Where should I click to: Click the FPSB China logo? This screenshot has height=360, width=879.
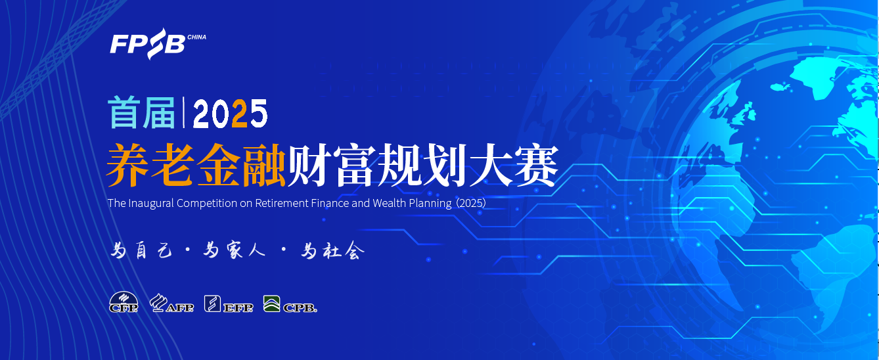(x=158, y=43)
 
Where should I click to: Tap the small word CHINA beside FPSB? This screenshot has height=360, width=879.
(x=196, y=37)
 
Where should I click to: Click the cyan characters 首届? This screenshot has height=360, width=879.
(x=142, y=113)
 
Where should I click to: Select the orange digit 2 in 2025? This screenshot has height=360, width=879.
(x=240, y=114)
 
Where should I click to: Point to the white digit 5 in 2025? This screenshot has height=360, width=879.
(x=259, y=114)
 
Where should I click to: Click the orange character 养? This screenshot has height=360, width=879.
(x=128, y=164)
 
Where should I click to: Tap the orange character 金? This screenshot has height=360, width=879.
(x=219, y=164)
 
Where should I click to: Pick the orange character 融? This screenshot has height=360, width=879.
(x=263, y=164)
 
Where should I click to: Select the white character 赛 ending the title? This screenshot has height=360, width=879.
(x=536, y=164)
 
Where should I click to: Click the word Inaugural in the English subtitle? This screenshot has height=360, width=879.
(x=151, y=204)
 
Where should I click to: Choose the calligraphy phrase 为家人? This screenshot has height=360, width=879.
(x=235, y=250)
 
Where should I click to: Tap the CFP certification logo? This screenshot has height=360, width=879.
(x=124, y=302)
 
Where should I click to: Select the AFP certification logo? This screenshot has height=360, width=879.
(x=171, y=303)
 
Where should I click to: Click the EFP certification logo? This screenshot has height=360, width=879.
(x=229, y=304)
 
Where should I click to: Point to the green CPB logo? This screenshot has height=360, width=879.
(x=290, y=304)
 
